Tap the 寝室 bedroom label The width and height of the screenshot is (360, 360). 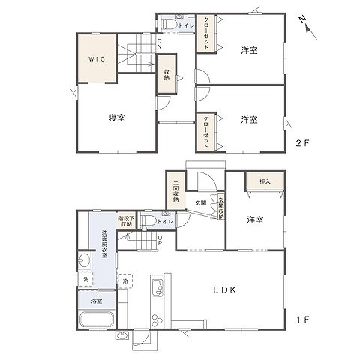(115, 118)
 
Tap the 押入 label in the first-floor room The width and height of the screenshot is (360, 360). (264, 181)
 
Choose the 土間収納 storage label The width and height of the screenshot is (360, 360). (175, 190)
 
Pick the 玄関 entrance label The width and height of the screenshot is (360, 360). (202, 202)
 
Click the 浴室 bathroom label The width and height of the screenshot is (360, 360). (97, 300)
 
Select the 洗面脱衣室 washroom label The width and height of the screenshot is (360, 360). (105, 244)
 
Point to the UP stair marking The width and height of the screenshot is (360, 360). (159, 239)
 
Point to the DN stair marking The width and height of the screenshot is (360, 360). (159, 44)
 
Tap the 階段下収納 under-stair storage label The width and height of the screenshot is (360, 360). (125, 220)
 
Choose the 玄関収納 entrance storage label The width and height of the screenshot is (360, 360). (221, 207)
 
